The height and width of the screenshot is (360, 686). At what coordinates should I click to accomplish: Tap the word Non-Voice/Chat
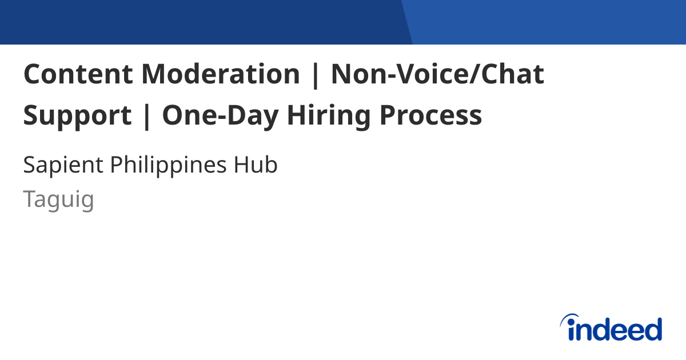(x=437, y=74)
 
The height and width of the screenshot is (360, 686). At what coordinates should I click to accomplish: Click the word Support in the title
(x=77, y=116)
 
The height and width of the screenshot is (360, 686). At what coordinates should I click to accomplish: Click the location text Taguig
(x=58, y=199)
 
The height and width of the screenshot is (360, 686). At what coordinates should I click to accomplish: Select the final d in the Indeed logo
(x=653, y=330)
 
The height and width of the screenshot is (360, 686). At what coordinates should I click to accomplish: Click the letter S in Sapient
(x=29, y=166)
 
